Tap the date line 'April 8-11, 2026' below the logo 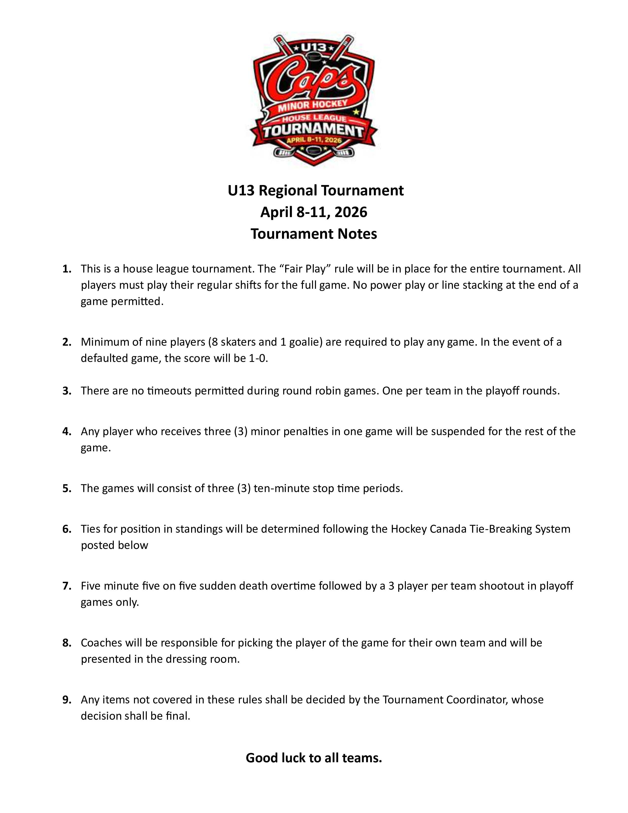[314, 212]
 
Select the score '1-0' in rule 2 [257, 358]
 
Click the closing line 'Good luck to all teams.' [314, 758]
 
